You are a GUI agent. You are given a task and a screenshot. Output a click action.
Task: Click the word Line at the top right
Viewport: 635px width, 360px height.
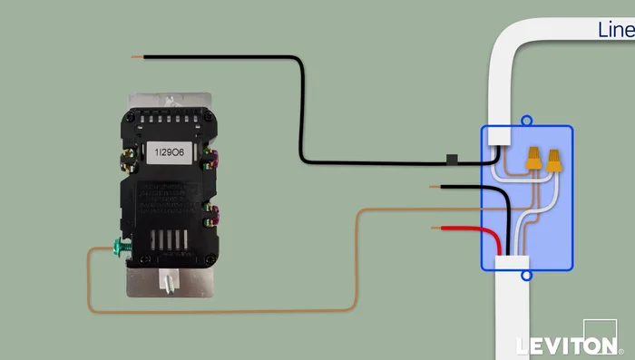(x=616, y=30)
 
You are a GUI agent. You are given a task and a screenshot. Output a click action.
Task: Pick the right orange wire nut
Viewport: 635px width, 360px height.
(x=552, y=161)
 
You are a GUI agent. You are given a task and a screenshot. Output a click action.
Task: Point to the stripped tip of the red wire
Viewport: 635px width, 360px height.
(x=437, y=228)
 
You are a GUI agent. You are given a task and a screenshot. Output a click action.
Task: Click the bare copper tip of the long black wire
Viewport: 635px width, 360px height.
(x=136, y=57)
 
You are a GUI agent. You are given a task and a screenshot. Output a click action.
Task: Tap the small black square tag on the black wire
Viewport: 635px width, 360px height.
(x=451, y=160)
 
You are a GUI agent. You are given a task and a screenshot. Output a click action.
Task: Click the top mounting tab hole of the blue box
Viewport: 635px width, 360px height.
(x=526, y=119)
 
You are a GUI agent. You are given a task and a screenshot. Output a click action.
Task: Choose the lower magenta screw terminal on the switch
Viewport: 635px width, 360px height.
(x=212, y=216)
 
